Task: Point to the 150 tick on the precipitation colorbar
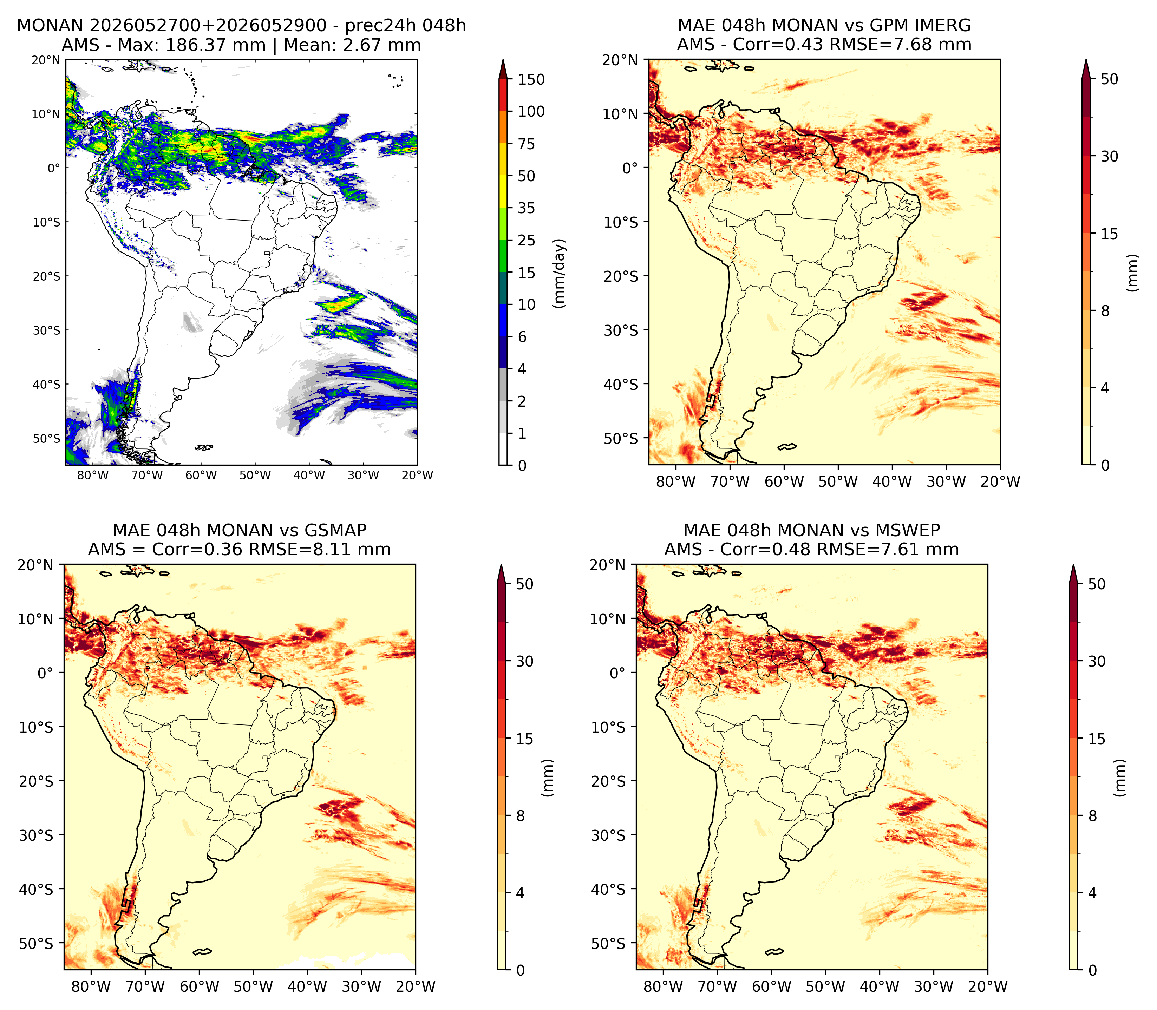click(531, 79)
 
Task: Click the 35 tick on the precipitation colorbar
click(527, 208)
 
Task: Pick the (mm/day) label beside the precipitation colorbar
click(559, 273)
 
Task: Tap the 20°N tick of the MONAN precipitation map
click(46, 60)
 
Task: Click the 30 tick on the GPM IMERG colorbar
click(1109, 156)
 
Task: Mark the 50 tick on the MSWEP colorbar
click(1097, 584)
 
